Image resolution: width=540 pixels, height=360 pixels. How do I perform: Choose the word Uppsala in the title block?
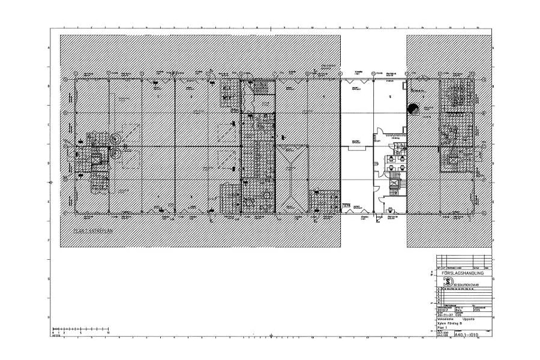[x=469, y=319]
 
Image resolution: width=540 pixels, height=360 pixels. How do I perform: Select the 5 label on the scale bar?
[x=82, y=332]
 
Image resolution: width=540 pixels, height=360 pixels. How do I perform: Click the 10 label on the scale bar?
[x=109, y=332]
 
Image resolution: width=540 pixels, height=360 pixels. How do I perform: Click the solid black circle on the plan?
[x=413, y=109]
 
